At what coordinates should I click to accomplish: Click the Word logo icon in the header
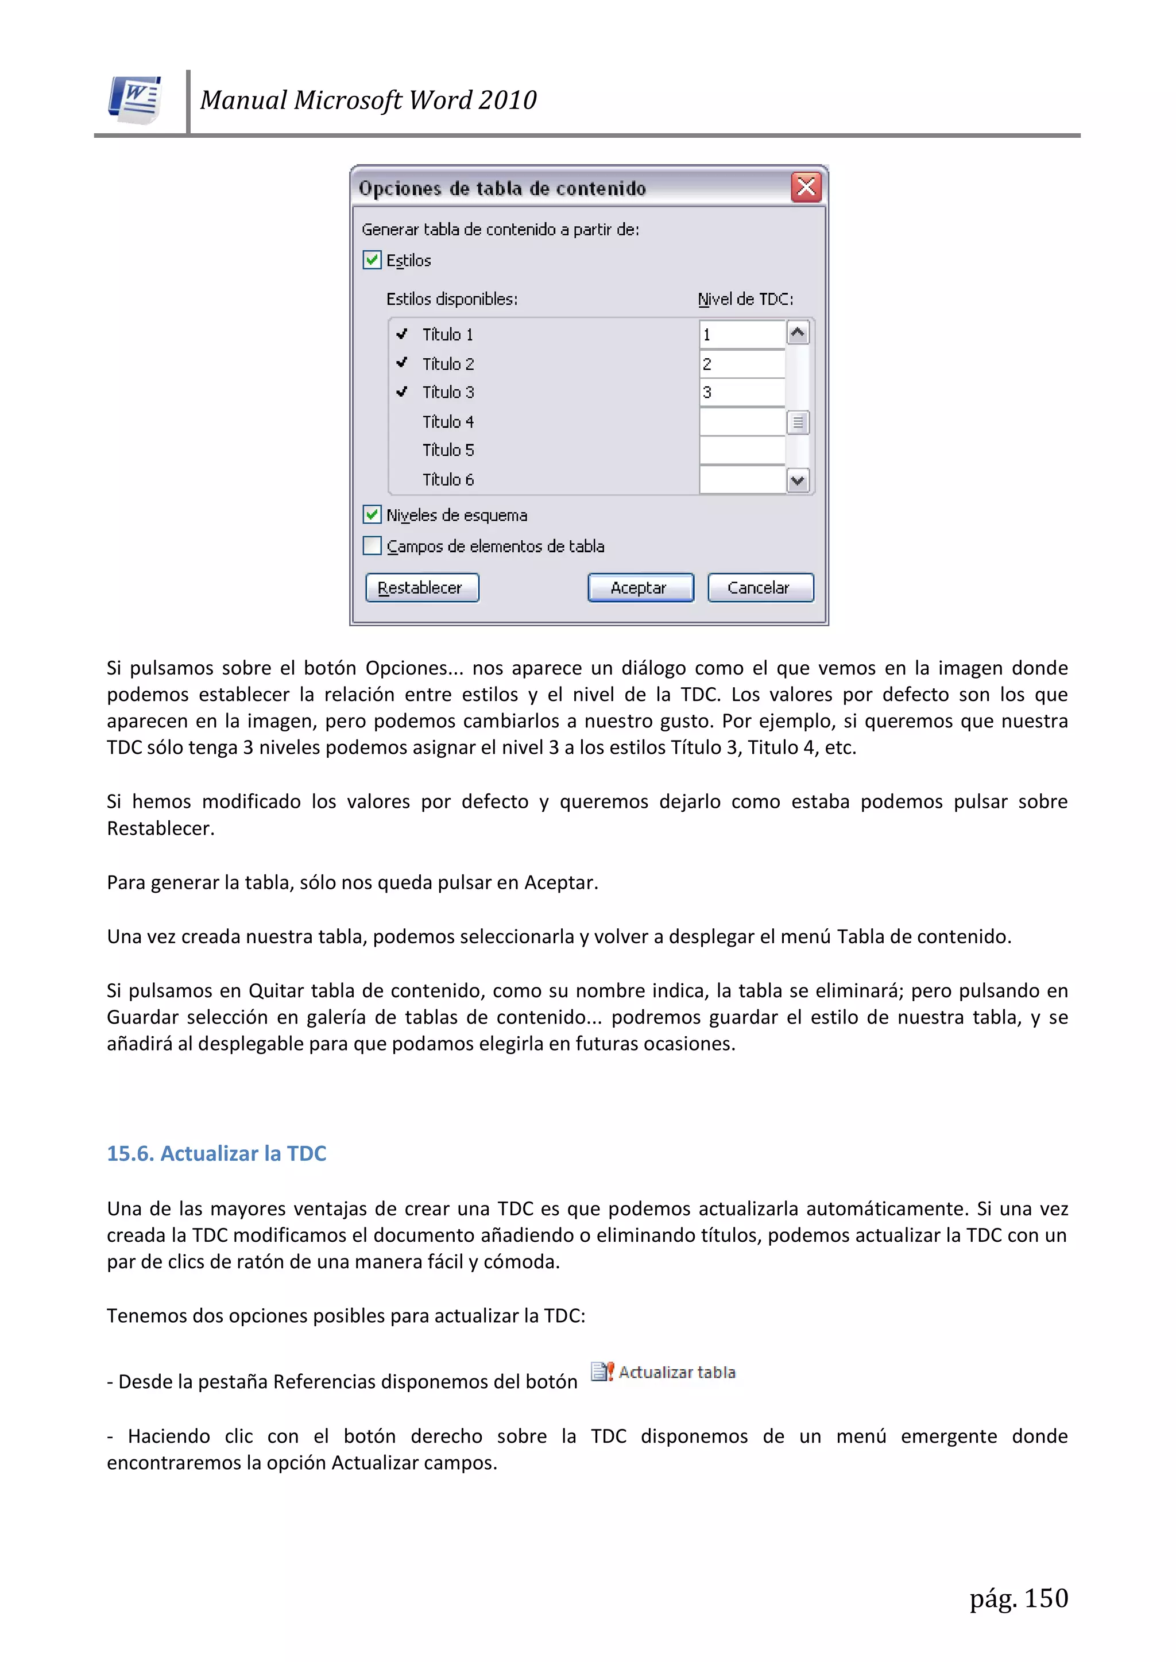click(x=136, y=99)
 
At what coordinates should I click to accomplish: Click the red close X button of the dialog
click(x=806, y=188)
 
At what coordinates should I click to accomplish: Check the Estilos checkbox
click(x=372, y=260)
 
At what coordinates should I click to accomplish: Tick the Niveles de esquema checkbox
click(x=372, y=514)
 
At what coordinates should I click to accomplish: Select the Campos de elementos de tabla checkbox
click(x=372, y=546)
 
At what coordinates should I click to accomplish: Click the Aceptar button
click(x=640, y=588)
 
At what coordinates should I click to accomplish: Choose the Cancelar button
click(x=760, y=588)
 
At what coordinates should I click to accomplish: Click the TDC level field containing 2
click(x=741, y=364)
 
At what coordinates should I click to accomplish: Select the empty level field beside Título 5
click(x=741, y=450)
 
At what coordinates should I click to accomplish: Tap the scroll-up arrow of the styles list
click(x=798, y=334)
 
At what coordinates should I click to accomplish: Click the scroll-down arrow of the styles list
click(x=798, y=481)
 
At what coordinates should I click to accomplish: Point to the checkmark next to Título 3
click(x=402, y=392)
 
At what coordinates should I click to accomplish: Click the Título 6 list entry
click(x=448, y=480)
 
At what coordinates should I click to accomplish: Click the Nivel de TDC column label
click(x=745, y=299)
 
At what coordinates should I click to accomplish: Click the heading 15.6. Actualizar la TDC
click(x=216, y=1153)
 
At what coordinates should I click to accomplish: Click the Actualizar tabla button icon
click(x=602, y=1372)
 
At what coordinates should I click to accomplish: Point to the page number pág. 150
click(x=1018, y=1598)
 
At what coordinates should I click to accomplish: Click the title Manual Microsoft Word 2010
click(x=368, y=100)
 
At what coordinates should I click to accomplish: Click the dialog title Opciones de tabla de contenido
click(x=502, y=189)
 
